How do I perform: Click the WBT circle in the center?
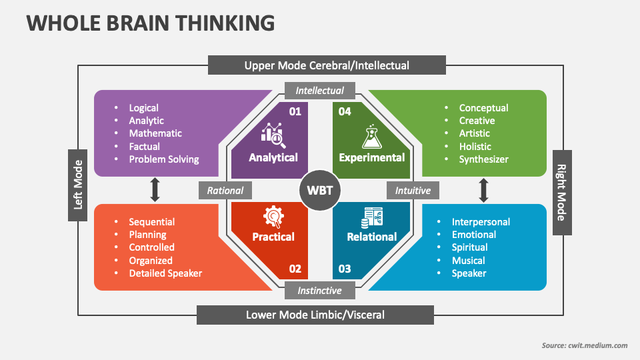320,191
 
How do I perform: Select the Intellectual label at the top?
320,91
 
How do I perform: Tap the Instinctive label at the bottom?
319,291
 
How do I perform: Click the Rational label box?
225,190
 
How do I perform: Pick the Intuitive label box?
413,190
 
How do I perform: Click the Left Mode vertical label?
78,185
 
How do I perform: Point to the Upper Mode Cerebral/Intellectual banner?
327,65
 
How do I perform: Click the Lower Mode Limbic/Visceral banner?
315,315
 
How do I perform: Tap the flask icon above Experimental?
371,135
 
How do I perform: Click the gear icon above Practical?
273,216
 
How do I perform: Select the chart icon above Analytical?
273,135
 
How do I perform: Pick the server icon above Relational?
371,216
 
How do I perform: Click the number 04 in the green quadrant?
345,111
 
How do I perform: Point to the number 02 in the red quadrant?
295,269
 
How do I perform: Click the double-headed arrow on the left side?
155,189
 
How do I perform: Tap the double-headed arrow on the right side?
484,189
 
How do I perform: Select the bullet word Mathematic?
155,133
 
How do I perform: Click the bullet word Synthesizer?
483,159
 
